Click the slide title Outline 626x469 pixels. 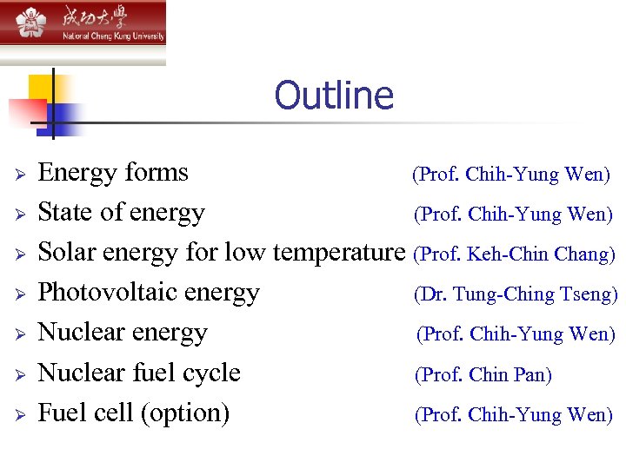click(334, 96)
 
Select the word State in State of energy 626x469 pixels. click(67, 213)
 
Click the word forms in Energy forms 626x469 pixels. click(156, 172)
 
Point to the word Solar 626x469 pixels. click(67, 253)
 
